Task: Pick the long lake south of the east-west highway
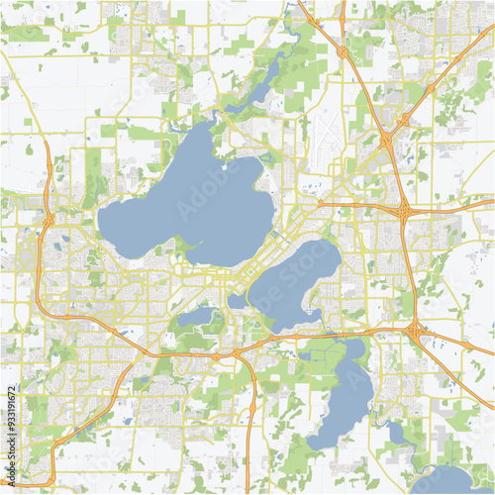(342, 396)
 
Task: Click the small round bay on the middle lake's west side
(238, 300)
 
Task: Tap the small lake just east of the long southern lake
(396, 432)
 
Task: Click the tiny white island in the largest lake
(225, 166)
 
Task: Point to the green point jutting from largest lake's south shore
(183, 245)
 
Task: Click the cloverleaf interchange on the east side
(405, 210)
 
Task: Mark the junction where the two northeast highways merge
(403, 121)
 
